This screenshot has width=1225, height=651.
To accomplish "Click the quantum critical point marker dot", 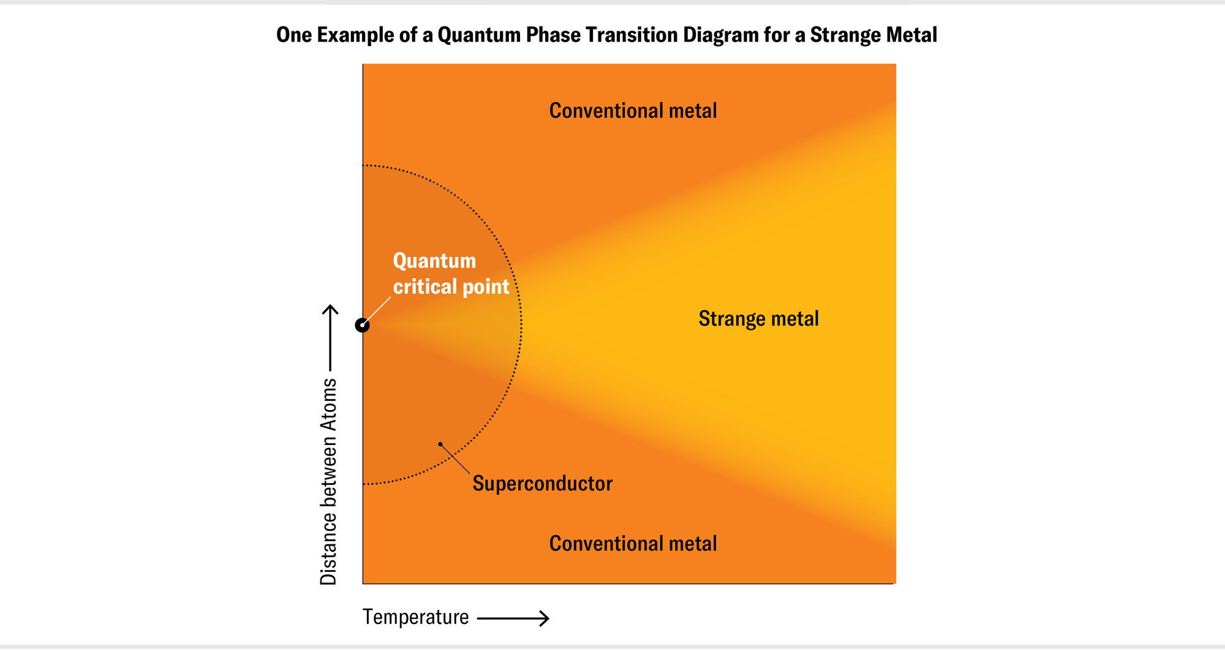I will [x=362, y=325].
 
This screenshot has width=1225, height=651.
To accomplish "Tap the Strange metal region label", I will [x=758, y=319].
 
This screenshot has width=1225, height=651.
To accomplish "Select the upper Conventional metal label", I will [x=633, y=111].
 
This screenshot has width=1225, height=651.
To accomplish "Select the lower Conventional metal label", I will [x=633, y=544].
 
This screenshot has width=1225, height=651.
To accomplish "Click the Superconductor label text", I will [x=542, y=484].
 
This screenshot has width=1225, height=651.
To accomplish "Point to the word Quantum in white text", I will [x=434, y=261].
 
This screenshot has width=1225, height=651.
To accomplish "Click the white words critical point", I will [x=451, y=287].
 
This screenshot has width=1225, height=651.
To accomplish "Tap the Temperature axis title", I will [x=415, y=617].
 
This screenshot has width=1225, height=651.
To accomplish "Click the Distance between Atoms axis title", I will [x=329, y=481].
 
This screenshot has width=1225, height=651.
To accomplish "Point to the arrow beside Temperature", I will [x=513, y=619].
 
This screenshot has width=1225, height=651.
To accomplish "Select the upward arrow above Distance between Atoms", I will [x=330, y=337].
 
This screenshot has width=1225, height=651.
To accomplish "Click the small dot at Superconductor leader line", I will [x=440, y=444].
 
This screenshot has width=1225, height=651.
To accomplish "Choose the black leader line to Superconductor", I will [x=456, y=459].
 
